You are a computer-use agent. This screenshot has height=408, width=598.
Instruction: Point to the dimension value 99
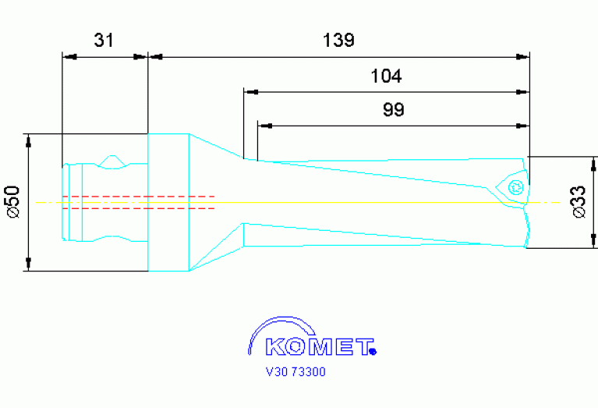[x=394, y=110]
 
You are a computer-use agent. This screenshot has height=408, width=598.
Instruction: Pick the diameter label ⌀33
[x=579, y=201]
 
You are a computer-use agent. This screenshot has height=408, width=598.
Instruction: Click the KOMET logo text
[x=320, y=346]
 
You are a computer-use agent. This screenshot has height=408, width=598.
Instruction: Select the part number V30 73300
[x=295, y=372]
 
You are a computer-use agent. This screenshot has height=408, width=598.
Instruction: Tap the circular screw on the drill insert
[x=514, y=187]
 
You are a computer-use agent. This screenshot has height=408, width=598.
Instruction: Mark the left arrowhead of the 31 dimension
[x=68, y=56]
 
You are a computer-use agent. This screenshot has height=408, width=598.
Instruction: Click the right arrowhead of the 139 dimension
[x=524, y=56]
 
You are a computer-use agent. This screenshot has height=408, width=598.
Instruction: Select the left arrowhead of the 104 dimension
[x=249, y=91]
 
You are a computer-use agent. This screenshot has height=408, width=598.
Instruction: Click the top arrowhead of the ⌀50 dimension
[x=29, y=140]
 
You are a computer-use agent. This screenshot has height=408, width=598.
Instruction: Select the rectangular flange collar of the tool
[x=168, y=202]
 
